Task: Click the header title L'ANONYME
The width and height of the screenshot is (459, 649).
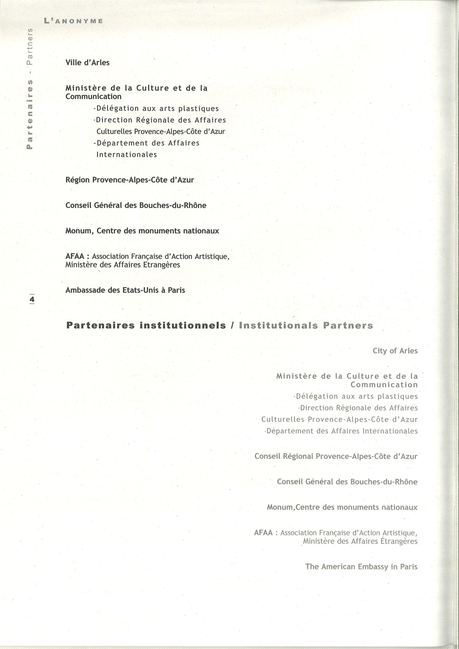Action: point(73,21)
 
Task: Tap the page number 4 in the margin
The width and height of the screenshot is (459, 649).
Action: point(32,299)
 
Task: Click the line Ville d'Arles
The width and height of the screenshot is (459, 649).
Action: point(87,63)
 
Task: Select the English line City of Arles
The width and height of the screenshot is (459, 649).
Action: point(395,351)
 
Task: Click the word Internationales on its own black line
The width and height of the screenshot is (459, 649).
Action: point(127,155)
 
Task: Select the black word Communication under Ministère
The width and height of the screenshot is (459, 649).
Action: point(93,97)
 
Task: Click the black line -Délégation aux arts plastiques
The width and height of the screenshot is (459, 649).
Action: point(156,109)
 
